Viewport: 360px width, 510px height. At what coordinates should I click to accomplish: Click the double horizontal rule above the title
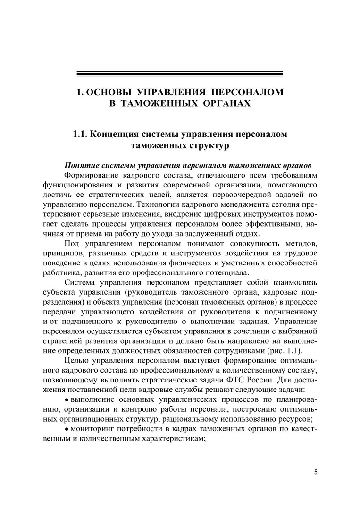180,74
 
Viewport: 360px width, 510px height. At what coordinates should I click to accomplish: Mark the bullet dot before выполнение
67,400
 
